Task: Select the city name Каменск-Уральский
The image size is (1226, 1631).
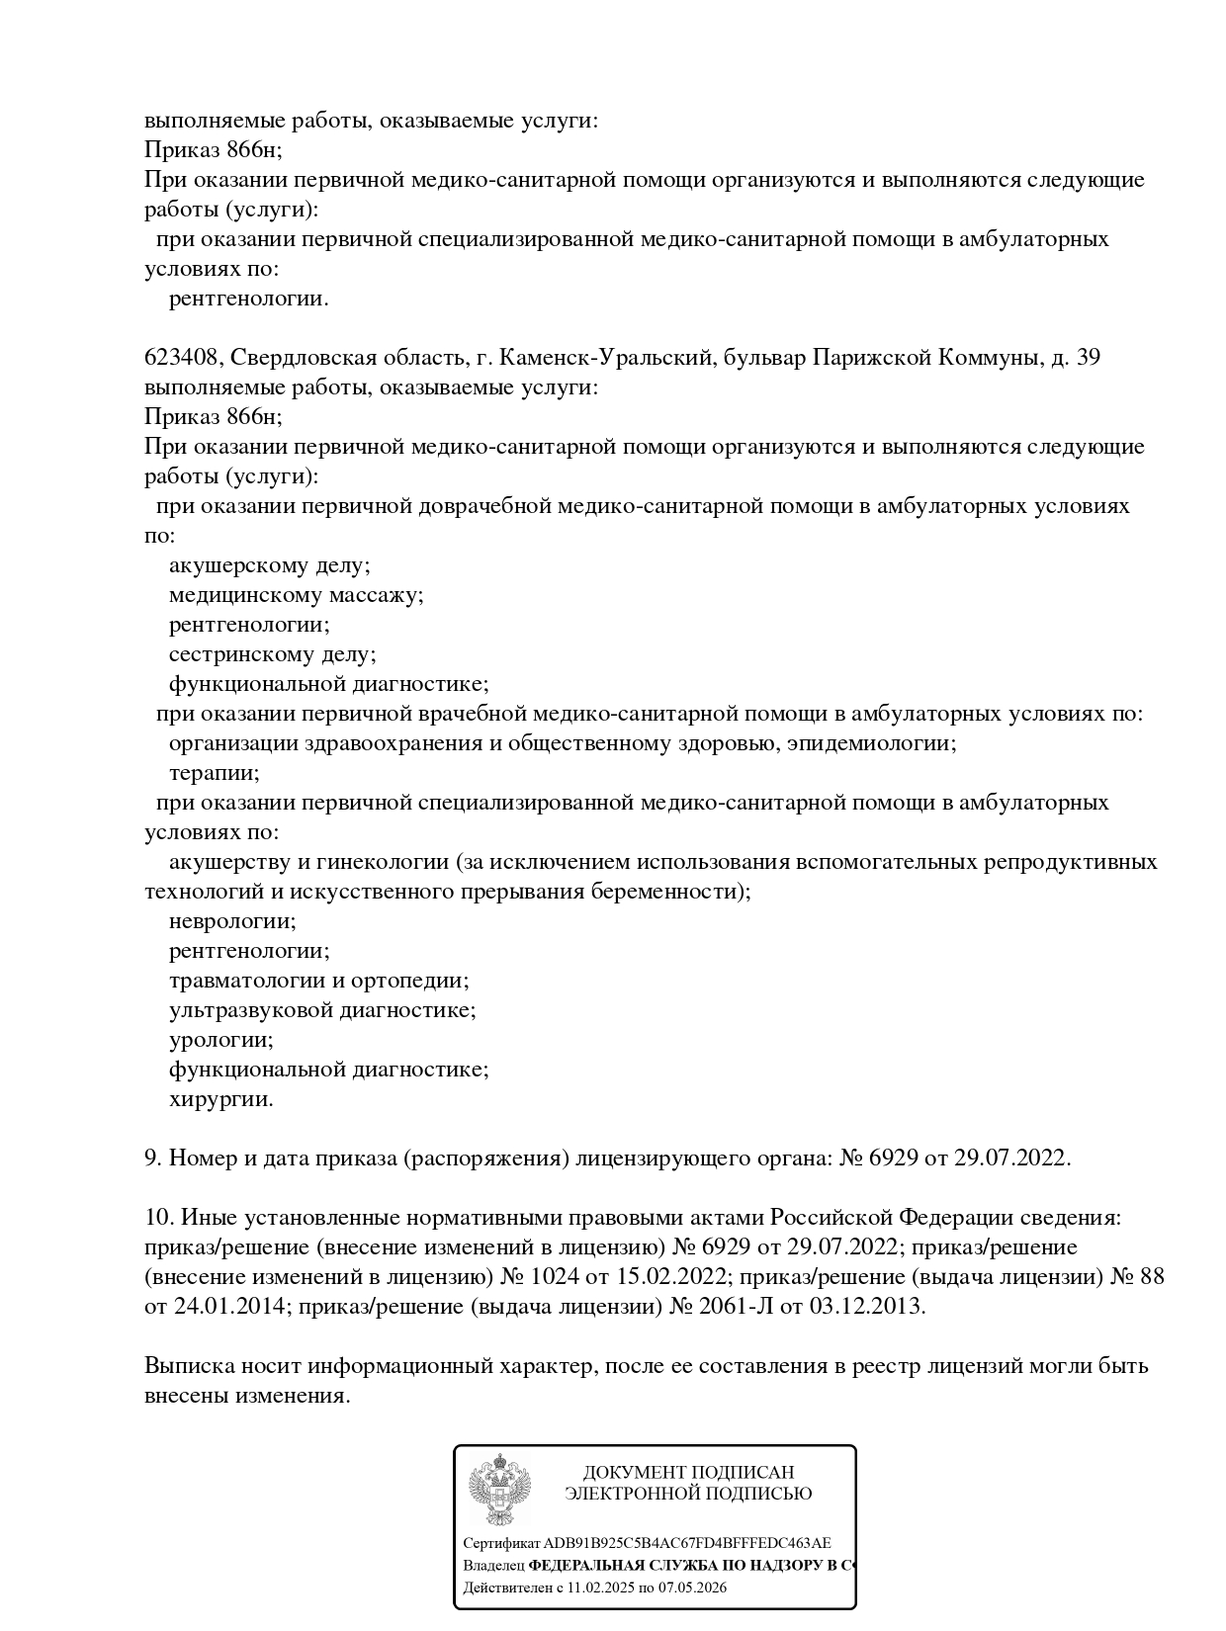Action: pyautogui.click(x=602, y=358)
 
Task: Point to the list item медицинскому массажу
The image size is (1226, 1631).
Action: pyautogui.click(x=296, y=595)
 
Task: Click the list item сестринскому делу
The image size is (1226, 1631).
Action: pyautogui.click(x=272, y=654)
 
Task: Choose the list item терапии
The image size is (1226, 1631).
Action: pyautogui.click(x=214, y=773)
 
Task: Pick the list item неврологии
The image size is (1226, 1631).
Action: pyautogui.click(x=232, y=921)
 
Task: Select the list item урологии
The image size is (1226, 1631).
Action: pyautogui.click(x=220, y=1040)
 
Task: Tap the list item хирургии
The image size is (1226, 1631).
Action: pyautogui.click(x=220, y=1099)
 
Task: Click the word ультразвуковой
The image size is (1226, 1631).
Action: pyautogui.click(x=251, y=1010)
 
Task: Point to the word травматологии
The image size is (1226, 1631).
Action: pyautogui.click(x=247, y=981)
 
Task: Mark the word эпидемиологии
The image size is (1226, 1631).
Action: pyautogui.click(x=871, y=743)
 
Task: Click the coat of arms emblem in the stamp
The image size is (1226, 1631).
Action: pyautogui.click(x=500, y=1490)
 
